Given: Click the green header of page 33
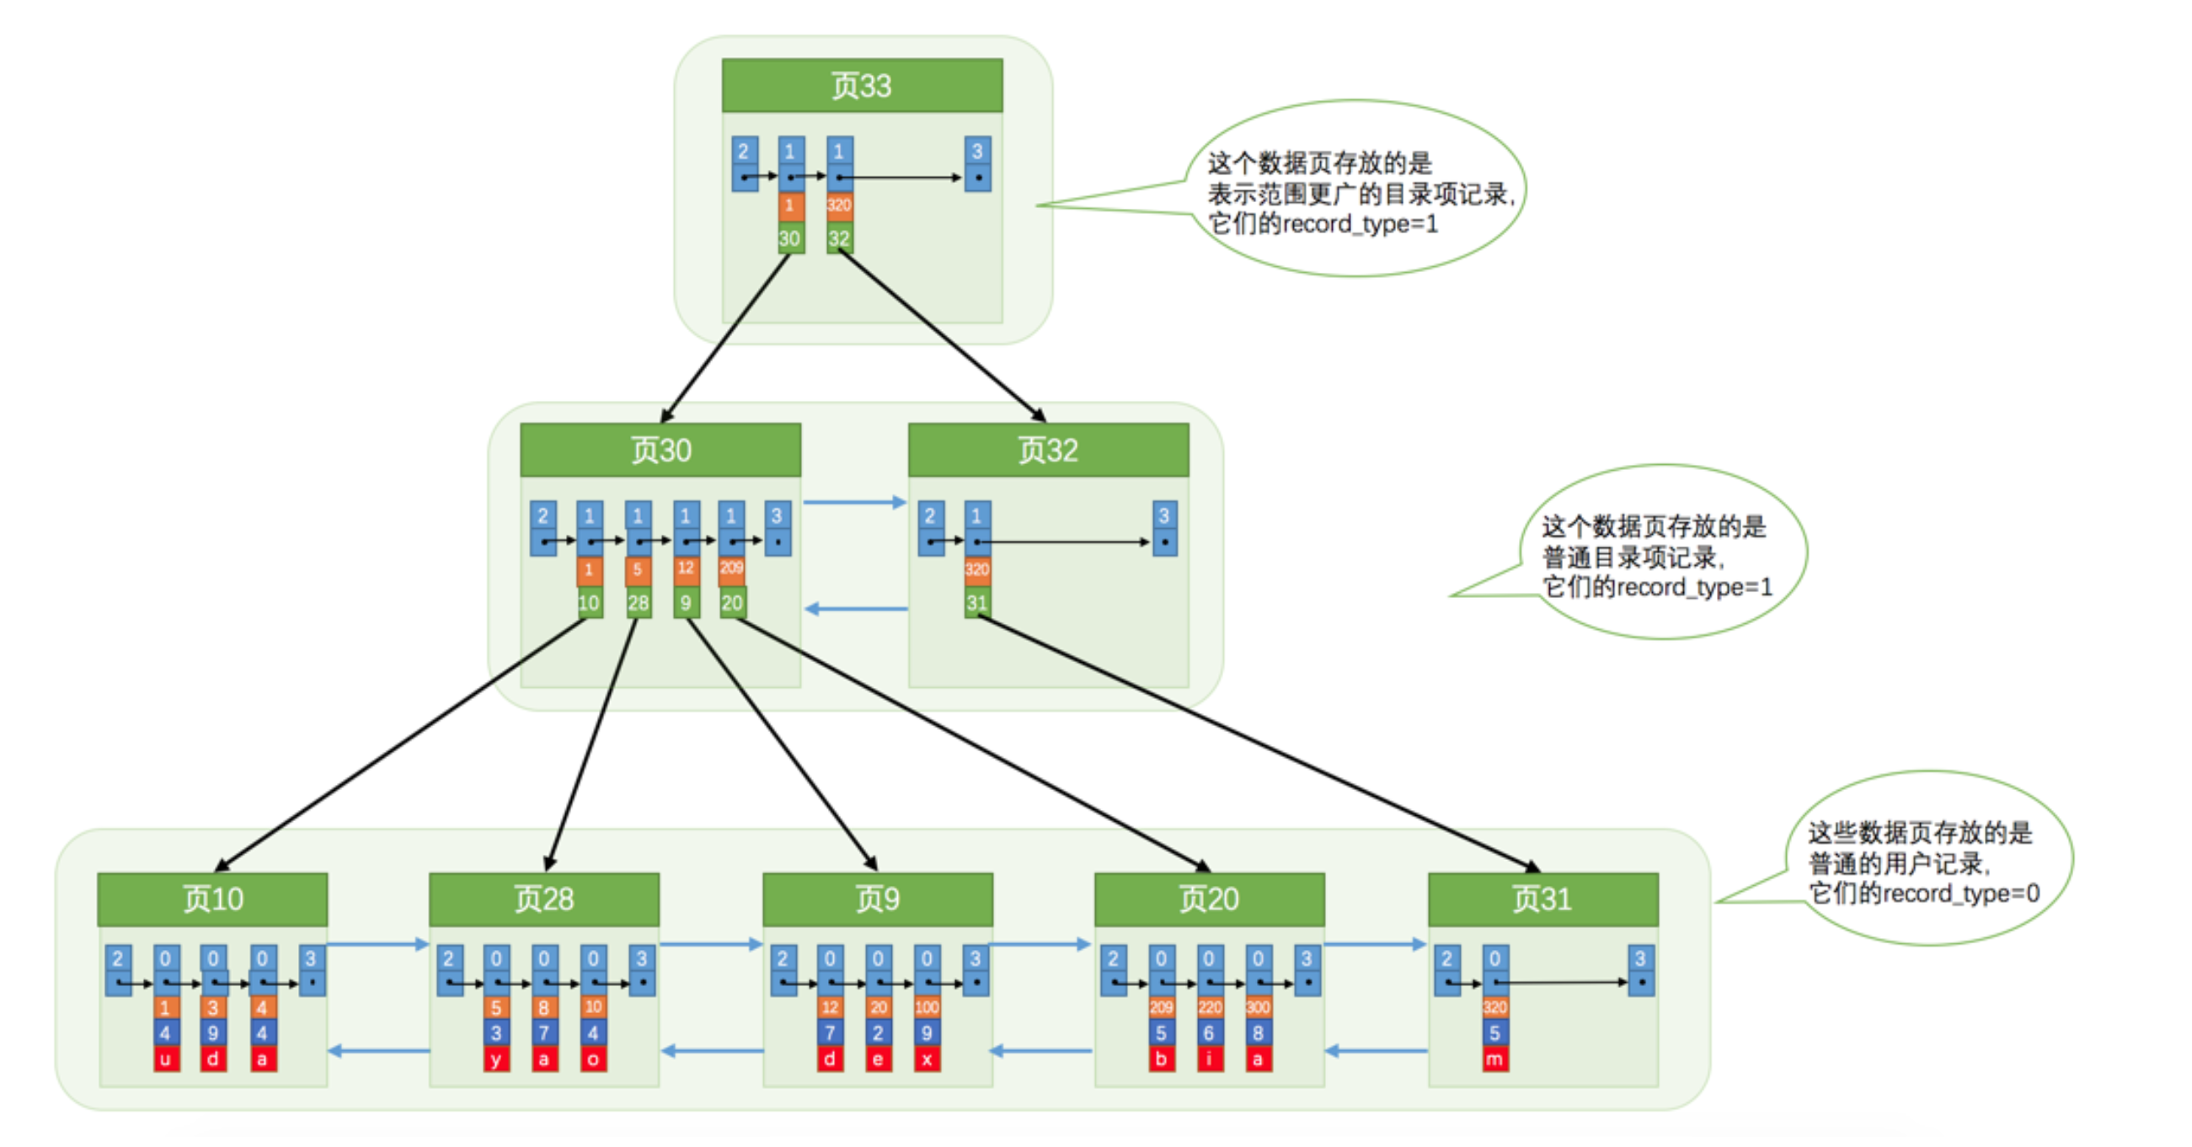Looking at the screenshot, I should (x=861, y=85).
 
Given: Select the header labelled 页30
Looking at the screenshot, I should (x=660, y=449).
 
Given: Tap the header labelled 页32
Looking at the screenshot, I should (x=1047, y=449).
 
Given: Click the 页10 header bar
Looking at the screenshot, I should (x=212, y=899).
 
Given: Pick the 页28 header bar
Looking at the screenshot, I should (x=543, y=899).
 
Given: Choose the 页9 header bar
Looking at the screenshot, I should (x=877, y=899).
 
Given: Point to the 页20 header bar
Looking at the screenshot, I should (x=1208, y=899).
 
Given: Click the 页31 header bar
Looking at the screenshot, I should (x=1542, y=899).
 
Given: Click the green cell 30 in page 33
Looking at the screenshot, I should (x=789, y=238).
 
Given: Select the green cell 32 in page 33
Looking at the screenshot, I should (x=839, y=238).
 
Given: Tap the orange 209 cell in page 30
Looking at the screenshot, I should (x=732, y=568).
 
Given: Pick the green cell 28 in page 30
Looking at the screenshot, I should (x=639, y=602).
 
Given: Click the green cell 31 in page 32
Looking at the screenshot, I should (x=977, y=602).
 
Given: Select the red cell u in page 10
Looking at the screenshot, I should (x=166, y=1059).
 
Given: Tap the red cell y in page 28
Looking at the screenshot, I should (x=496, y=1059).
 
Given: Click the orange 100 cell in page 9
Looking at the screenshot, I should (x=927, y=1007).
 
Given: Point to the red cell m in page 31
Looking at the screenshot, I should (x=1494, y=1059).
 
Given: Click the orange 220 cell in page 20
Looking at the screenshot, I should (x=1209, y=1007).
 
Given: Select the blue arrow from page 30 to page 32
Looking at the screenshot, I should (x=854, y=502).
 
